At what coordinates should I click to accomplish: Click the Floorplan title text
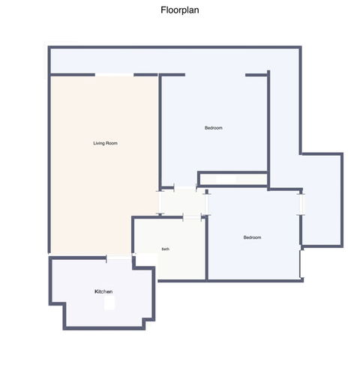click(x=180, y=10)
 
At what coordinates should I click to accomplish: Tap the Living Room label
click(x=105, y=143)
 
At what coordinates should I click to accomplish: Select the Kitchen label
click(x=103, y=291)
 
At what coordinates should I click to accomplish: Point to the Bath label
click(x=166, y=249)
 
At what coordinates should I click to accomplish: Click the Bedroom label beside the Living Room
click(x=214, y=128)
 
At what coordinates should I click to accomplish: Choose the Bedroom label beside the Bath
click(x=252, y=237)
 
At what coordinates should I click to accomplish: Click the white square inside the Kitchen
click(x=109, y=303)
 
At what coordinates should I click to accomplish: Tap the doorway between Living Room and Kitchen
click(x=119, y=258)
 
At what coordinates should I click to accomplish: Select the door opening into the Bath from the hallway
click(x=192, y=217)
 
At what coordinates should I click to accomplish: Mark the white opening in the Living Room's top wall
click(x=115, y=75)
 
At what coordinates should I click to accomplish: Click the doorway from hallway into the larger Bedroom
click(x=185, y=187)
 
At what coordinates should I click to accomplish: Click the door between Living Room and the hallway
click(x=160, y=202)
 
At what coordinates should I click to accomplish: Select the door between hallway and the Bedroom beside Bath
click(x=206, y=204)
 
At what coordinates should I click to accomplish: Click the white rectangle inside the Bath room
click(x=147, y=259)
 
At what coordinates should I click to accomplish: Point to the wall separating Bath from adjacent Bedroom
click(x=207, y=249)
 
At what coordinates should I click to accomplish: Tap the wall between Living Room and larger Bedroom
click(x=160, y=131)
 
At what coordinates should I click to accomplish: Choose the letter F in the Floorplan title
click(x=163, y=10)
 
